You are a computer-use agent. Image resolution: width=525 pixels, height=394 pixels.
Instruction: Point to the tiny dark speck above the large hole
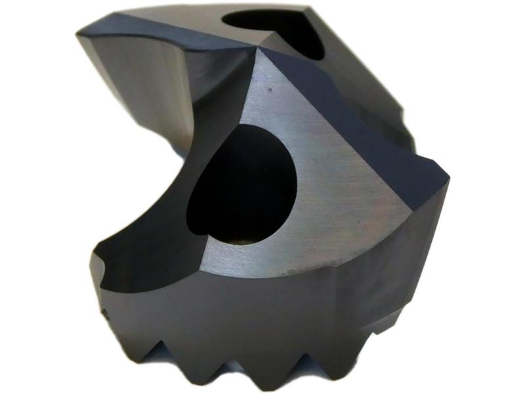tap(268, 85)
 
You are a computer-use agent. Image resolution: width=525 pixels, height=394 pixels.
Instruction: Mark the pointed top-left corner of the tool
tap(79, 32)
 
